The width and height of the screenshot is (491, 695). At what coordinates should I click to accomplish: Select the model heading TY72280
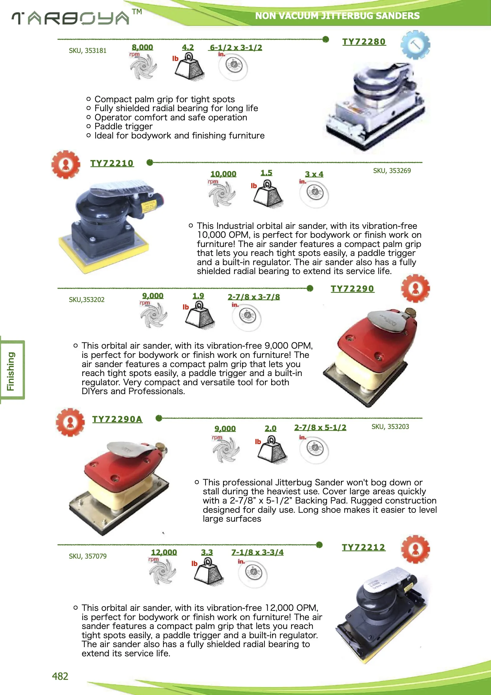(364, 42)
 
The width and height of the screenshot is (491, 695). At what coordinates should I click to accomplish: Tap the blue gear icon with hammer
(415, 45)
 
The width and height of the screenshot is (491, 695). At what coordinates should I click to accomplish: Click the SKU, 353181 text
(87, 51)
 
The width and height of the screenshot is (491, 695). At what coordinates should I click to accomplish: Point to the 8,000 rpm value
(142, 47)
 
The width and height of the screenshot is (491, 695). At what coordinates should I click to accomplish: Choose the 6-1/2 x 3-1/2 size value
(236, 48)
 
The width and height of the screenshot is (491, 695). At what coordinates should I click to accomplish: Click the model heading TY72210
(112, 163)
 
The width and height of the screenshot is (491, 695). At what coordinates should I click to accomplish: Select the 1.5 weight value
(266, 173)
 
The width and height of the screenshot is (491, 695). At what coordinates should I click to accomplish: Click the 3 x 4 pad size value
(314, 174)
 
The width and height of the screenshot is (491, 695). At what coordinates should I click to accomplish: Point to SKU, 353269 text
(391, 171)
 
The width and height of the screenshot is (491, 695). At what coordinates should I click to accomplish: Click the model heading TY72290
(352, 289)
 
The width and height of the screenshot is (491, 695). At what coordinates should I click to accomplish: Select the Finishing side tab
(11, 371)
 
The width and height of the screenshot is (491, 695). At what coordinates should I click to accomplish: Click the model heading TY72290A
(117, 419)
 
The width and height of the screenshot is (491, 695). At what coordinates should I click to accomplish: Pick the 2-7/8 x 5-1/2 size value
(320, 427)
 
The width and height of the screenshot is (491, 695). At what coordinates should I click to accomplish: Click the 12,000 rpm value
(164, 552)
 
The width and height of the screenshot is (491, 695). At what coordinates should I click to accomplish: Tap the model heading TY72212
(363, 547)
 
